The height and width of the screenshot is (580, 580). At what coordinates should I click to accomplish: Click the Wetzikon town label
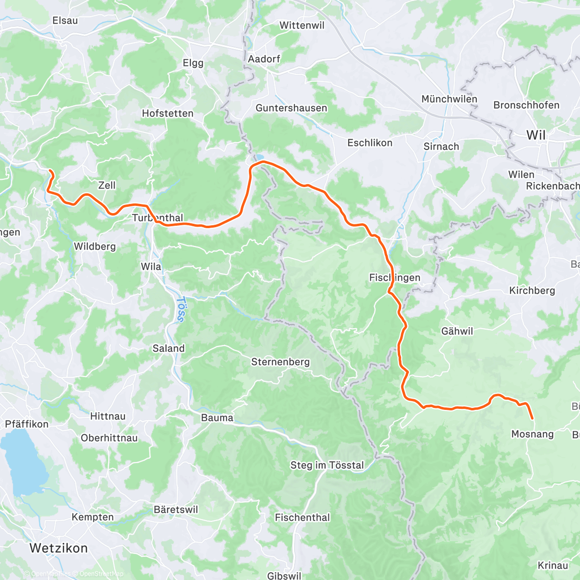pos(58,548)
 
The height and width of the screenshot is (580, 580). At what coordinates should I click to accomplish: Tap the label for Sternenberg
pos(280,362)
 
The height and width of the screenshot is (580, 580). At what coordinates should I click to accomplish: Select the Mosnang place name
pos(532,434)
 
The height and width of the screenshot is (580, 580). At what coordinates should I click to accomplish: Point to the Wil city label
pos(536,135)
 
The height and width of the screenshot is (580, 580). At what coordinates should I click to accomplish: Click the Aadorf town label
pos(264,59)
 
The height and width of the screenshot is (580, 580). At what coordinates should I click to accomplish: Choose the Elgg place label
pos(193,63)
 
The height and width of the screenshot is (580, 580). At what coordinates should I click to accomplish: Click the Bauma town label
pos(217,418)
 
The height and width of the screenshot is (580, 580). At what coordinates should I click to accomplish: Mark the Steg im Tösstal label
pos(327,465)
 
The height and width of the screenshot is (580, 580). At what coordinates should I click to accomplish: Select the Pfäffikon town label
pos(27,424)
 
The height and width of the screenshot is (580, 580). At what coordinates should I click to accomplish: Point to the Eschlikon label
pos(370,143)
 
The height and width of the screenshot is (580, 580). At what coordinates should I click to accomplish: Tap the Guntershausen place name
pos(291,108)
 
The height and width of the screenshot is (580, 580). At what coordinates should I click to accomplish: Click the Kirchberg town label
pos(532,290)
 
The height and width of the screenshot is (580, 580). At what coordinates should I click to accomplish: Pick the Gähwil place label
pos(457,331)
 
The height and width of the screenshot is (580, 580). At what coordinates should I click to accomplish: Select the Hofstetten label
pos(167,113)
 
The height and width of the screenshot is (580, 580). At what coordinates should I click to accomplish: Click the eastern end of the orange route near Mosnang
pos(532,419)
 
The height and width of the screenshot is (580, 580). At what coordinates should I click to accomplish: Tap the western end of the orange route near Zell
pos(50,170)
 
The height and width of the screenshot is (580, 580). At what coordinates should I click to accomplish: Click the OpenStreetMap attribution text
pos(101,574)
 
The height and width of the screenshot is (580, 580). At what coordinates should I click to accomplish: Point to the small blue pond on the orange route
pos(260,157)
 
